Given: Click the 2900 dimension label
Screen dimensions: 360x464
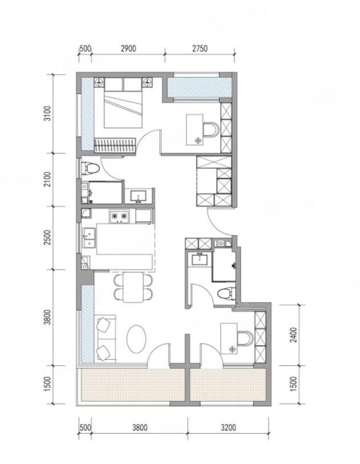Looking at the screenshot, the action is click(128, 49).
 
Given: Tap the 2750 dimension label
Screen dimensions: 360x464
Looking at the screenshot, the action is click(200, 49).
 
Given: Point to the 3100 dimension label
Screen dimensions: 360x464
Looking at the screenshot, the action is click(47, 114).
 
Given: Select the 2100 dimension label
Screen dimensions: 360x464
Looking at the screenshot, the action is click(47, 179).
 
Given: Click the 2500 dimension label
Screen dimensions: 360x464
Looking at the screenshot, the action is click(47, 237).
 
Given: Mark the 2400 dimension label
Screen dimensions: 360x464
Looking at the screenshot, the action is click(293, 335).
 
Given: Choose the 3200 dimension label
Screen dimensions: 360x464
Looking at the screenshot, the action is click(228, 427).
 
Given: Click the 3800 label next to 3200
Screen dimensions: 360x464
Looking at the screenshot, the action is click(140, 427).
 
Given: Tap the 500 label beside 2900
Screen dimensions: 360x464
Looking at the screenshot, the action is click(85, 49).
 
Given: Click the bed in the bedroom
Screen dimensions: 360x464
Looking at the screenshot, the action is click(123, 103).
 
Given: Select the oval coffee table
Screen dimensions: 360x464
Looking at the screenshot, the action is click(136, 339).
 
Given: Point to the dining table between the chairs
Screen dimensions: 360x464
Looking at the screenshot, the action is click(133, 287).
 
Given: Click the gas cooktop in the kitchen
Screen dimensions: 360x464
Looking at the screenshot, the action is click(119, 217).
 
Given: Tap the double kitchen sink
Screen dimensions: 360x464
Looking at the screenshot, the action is click(89, 237).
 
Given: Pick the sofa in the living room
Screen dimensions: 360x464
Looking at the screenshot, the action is click(106, 338).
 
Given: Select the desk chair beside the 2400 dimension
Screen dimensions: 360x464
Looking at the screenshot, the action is click(246, 338).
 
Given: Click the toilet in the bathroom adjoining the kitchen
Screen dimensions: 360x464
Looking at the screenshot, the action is click(91, 168).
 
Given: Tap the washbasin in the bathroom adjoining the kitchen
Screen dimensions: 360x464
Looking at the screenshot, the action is click(138, 196).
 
